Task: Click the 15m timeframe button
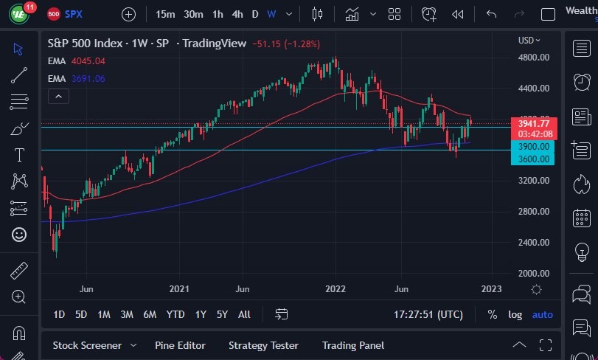[x=165, y=14]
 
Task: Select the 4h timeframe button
[x=237, y=14]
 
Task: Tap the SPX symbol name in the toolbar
[x=73, y=14]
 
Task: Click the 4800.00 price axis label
[x=533, y=58]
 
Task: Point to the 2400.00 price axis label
[x=533, y=242]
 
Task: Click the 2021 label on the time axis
[x=180, y=288]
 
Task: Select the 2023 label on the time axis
[x=491, y=288]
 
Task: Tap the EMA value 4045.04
[x=88, y=61]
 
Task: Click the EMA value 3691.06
[x=88, y=78]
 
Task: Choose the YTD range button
[x=175, y=314]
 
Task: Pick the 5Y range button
[x=222, y=314]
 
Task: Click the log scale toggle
[x=515, y=314]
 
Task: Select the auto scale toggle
[x=542, y=314]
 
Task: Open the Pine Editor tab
[x=180, y=345]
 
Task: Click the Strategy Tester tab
[x=263, y=345]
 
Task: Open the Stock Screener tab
[x=86, y=345]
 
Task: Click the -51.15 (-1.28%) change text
[x=286, y=44]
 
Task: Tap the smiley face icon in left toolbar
[x=19, y=235]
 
